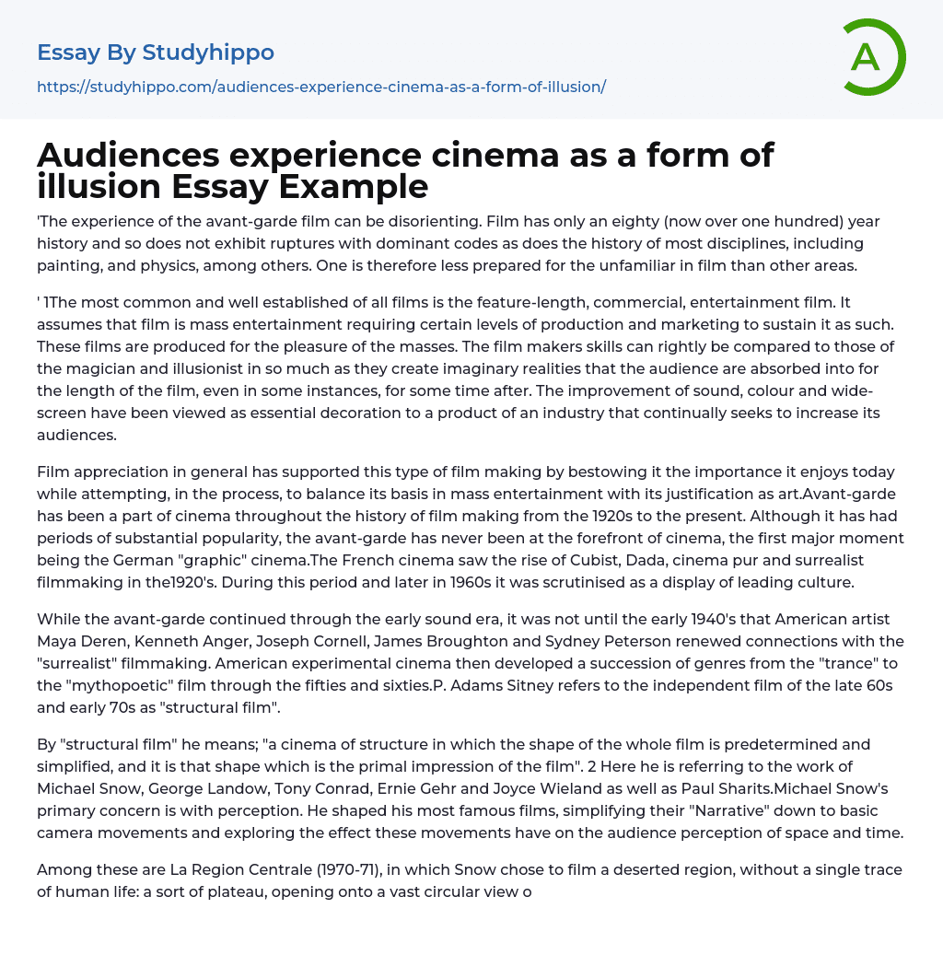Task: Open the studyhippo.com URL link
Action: pos(321,87)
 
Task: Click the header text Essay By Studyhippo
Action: pos(156,53)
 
